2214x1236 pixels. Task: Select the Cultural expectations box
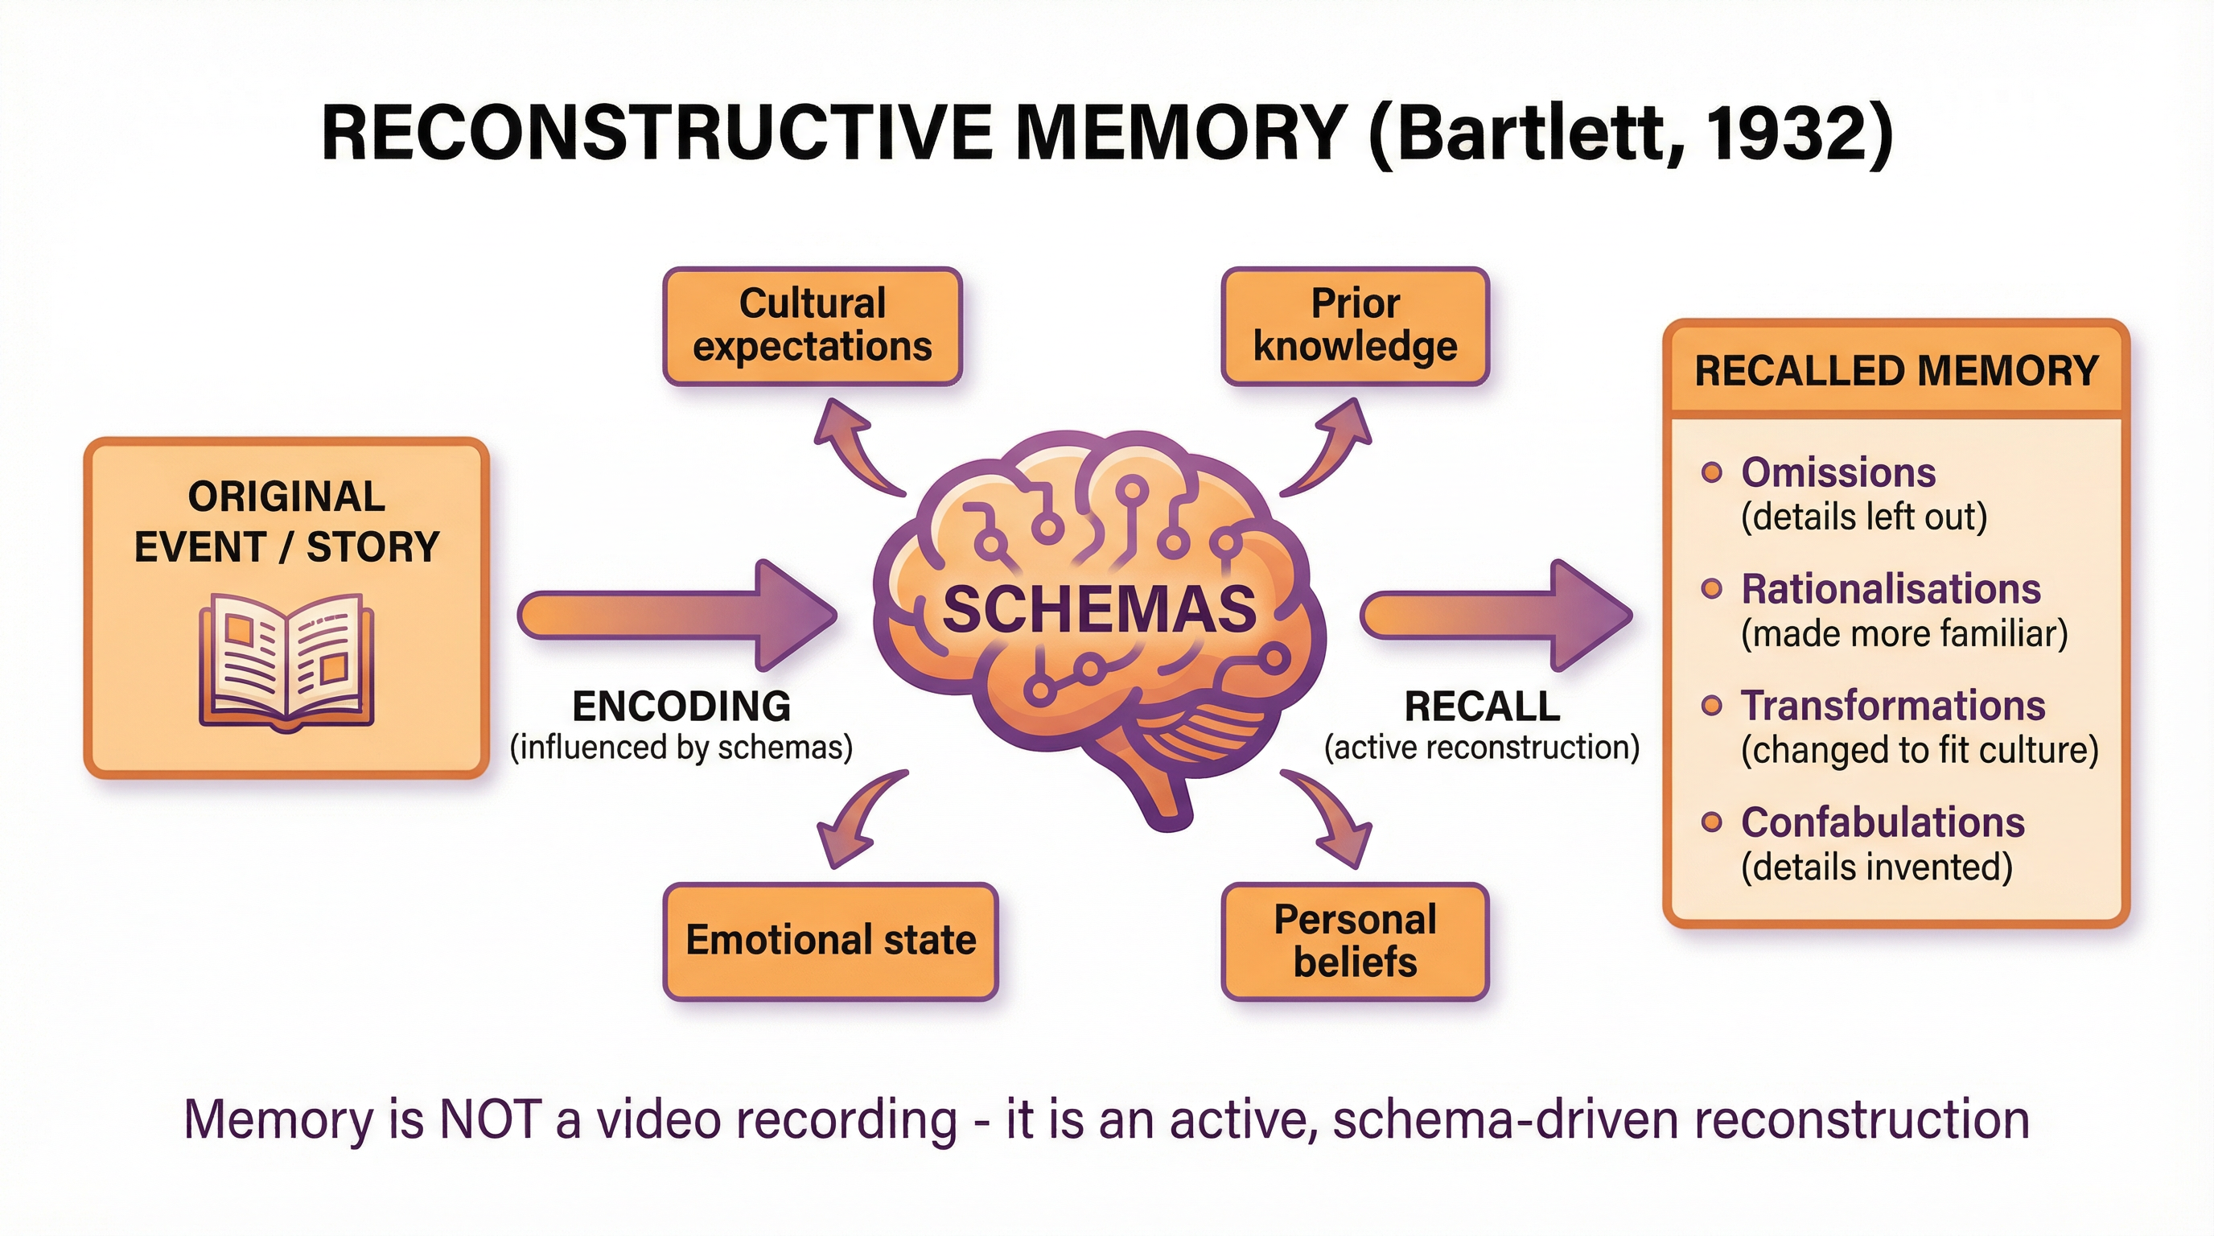[x=813, y=326]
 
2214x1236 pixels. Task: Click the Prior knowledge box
[x=1355, y=326]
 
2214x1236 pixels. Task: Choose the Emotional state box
[x=830, y=941]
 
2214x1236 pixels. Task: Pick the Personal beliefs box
[x=1355, y=941]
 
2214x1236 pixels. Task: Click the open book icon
[x=286, y=661]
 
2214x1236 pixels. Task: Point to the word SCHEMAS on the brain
[x=1099, y=608]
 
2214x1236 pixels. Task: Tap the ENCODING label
[x=681, y=707]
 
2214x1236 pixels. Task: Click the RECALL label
[x=1482, y=707]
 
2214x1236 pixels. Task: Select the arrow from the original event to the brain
[x=679, y=616]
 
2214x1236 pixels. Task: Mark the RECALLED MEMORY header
[x=1896, y=371]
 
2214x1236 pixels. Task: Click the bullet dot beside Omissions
[x=1712, y=472]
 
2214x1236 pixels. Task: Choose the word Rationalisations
[x=1891, y=590]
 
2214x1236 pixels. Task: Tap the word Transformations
[x=1892, y=706]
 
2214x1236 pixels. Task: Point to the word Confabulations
[x=1883, y=822]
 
